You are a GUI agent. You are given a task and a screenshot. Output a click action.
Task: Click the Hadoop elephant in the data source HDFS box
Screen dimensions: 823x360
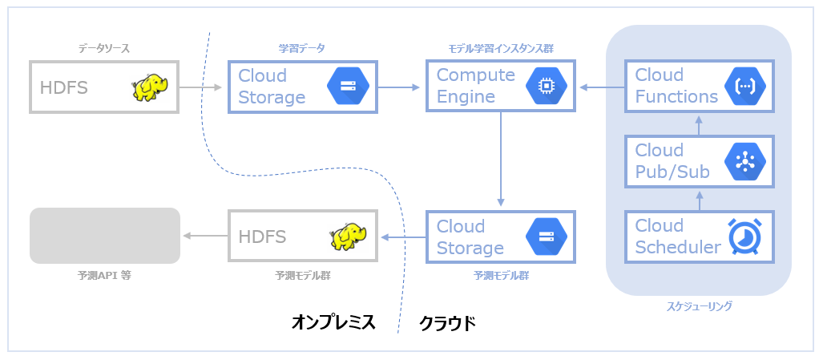150,87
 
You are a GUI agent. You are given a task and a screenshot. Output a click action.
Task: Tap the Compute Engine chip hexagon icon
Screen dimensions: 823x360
547,87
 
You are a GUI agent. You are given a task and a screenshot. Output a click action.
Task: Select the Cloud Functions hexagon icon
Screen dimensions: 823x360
745,87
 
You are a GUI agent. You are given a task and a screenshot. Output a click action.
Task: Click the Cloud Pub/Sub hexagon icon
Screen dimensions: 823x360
745,162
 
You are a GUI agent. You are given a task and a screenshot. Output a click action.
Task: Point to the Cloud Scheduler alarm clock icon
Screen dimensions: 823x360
745,237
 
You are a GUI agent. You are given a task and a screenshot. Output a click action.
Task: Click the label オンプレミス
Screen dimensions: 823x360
334,322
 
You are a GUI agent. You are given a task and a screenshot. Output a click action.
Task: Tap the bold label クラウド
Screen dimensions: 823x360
447,323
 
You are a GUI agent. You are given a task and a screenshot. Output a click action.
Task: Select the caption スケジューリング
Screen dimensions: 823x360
699,306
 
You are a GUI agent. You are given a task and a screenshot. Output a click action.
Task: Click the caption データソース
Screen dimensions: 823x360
104,49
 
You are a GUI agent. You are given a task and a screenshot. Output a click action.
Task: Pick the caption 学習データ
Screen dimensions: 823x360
302,49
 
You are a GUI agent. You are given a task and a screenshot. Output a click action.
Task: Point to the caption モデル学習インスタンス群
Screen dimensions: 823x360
500,49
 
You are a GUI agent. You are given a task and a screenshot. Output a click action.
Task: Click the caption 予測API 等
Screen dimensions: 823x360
104,275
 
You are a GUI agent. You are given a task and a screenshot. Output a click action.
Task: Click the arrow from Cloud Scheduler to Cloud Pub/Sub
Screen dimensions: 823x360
699,200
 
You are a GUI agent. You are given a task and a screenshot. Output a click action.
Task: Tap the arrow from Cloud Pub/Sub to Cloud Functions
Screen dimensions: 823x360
699,124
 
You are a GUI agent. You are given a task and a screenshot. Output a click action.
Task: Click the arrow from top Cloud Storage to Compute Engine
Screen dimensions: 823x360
399,87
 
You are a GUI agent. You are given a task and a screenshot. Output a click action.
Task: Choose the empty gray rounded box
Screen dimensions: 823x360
105,236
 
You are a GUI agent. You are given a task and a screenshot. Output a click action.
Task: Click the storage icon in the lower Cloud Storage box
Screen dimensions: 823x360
547,237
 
